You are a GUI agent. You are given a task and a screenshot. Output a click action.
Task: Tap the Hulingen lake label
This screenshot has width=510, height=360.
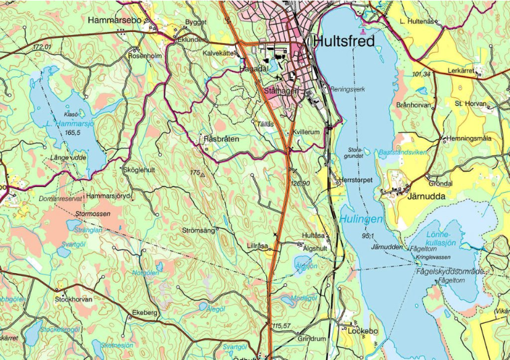tap(361, 218)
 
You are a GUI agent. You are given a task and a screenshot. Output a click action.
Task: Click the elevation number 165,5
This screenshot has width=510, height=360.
tap(73, 132)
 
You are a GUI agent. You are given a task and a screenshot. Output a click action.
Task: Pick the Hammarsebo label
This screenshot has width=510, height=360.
tap(115, 20)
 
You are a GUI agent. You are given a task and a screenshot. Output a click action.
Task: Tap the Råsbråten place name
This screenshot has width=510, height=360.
tap(222, 140)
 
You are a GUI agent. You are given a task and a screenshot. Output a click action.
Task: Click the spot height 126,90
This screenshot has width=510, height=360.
tap(300, 183)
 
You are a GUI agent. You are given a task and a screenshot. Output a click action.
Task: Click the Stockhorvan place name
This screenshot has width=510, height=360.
tap(73, 299)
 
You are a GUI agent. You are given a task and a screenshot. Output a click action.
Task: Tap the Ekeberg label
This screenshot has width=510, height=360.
tap(145, 313)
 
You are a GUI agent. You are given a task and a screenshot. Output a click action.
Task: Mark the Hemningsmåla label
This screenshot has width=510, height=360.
tap(469, 138)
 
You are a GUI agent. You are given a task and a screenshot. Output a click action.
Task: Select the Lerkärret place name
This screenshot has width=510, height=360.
tap(461, 71)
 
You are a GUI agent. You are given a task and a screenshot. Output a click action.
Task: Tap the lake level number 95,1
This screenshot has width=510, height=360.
tap(369, 236)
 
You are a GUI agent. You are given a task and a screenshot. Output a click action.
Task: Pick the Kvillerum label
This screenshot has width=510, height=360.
tap(307, 132)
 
